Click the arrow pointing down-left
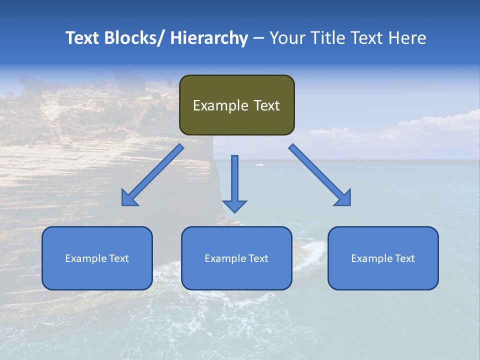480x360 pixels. tap(152, 175)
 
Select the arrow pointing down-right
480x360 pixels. tap(320, 175)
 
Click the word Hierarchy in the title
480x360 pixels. tap(208, 38)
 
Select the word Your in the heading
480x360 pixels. tap(287, 38)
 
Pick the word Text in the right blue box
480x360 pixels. tap(405, 258)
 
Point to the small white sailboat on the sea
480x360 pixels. tap(259, 163)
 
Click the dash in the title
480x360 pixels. tap(258, 38)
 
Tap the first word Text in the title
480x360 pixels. tap(82, 38)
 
